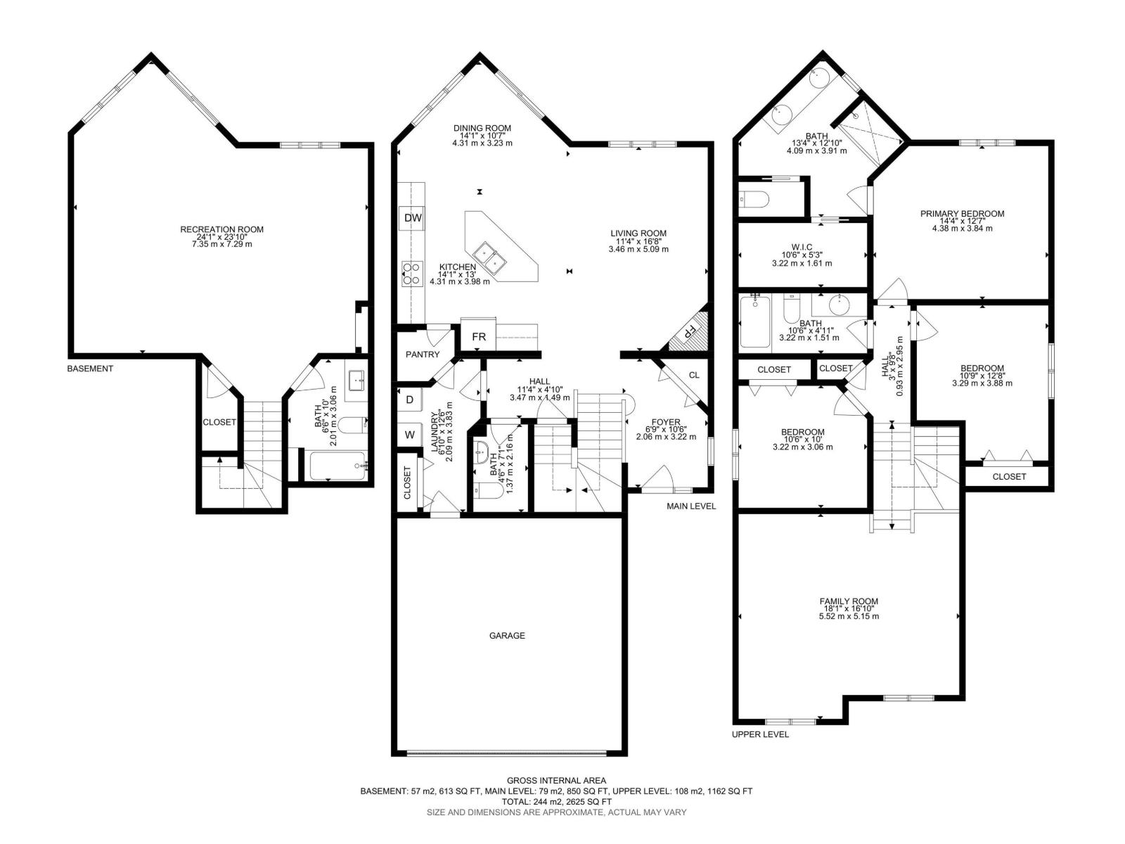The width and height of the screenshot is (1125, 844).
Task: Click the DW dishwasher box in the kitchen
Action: click(x=413, y=218)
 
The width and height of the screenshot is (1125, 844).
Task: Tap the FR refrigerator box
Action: click(x=479, y=337)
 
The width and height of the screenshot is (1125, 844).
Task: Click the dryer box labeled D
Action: click(x=409, y=399)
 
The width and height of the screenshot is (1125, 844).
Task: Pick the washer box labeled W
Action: click(x=409, y=435)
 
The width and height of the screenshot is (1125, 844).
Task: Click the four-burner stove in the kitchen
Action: click(x=412, y=273)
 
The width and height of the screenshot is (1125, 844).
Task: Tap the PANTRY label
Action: click(x=423, y=354)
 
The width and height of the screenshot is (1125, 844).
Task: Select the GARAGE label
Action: click(x=507, y=636)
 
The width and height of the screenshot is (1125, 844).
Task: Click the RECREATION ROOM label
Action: click(x=222, y=229)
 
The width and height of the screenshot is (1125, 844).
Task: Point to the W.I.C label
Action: click(x=802, y=247)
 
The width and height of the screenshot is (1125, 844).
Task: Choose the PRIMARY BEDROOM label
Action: click(x=962, y=214)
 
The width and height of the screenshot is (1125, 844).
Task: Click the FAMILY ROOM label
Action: click(x=849, y=601)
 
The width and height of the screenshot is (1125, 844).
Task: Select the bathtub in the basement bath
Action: click(x=338, y=466)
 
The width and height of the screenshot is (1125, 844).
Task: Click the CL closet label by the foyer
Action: click(x=694, y=375)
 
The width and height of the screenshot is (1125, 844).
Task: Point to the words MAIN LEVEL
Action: click(x=691, y=506)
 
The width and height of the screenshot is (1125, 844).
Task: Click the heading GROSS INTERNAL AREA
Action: click(x=556, y=781)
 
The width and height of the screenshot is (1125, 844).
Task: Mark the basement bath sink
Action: click(x=355, y=381)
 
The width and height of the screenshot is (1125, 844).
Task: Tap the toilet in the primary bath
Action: click(x=754, y=199)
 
